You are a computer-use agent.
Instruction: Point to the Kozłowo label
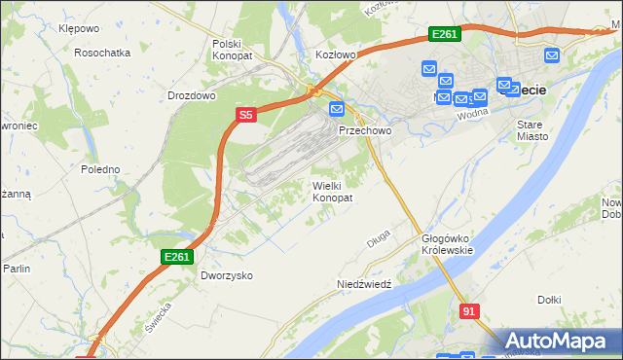[336, 55]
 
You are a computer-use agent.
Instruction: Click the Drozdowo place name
[191, 96]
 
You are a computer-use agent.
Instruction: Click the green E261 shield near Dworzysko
[178, 257]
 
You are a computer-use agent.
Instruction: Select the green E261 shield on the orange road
[444, 35]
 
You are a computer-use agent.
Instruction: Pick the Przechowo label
[364, 129]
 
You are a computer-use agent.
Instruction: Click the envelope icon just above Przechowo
[337, 109]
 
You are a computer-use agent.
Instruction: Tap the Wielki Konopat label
[332, 191]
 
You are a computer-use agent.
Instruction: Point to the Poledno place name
[100, 169]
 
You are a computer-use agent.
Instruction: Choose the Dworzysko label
[227, 275]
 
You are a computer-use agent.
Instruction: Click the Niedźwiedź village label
[363, 284]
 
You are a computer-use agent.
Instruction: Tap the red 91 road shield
[469, 310]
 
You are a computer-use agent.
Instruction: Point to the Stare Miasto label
[531, 130]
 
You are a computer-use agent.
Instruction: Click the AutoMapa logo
[560, 341]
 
